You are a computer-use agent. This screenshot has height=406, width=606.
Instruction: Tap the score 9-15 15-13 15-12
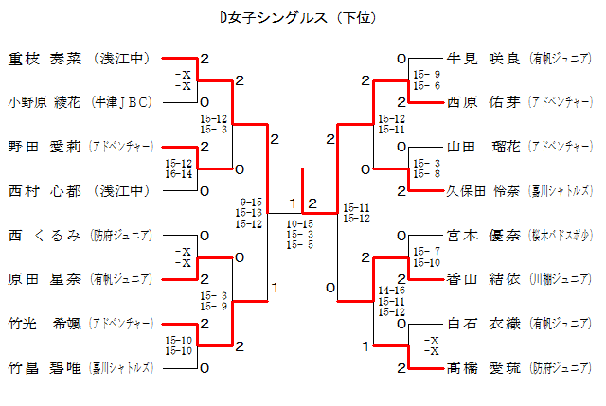[252, 212]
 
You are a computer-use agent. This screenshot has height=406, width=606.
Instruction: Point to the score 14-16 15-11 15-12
[391, 300]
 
